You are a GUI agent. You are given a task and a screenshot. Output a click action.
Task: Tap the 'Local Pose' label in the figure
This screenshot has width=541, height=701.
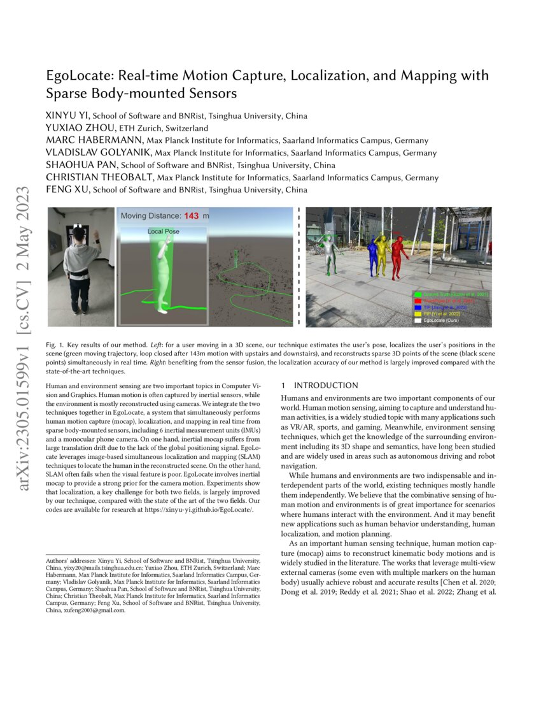(x=164, y=231)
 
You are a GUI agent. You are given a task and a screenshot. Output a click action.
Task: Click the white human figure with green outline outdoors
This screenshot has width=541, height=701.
(x=328, y=253)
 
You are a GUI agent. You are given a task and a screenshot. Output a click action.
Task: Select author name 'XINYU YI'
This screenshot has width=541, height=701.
(x=68, y=116)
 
